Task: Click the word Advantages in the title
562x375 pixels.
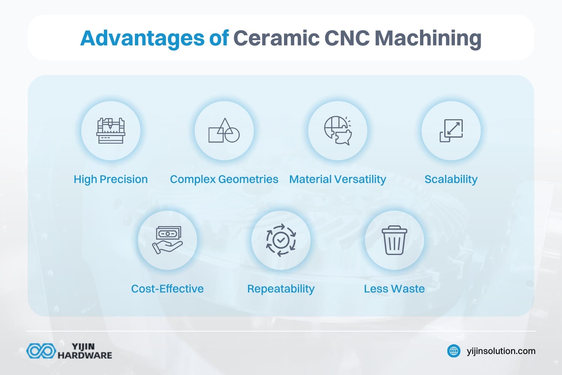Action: (143, 38)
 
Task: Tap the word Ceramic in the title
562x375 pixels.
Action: (276, 38)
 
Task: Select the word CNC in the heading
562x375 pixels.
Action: (347, 38)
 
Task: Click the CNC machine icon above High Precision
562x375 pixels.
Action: (111, 131)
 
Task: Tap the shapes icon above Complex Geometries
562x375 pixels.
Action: (224, 131)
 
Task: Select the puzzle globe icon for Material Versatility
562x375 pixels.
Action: (338, 131)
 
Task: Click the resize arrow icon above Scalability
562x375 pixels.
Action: (451, 131)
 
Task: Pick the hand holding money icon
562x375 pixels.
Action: (167, 240)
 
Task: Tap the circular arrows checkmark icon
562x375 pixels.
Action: (281, 240)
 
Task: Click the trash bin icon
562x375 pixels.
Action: (394, 240)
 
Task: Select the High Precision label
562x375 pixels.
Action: (111, 179)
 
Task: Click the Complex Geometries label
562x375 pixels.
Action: (224, 179)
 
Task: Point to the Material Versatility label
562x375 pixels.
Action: (338, 179)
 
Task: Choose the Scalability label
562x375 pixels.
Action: (451, 179)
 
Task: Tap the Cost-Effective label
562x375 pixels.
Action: (167, 289)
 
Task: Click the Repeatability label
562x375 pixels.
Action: (281, 289)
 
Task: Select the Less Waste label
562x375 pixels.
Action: (394, 289)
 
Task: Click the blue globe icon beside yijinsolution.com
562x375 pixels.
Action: (454, 351)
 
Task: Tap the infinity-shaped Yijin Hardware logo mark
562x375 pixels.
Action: (41, 351)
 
